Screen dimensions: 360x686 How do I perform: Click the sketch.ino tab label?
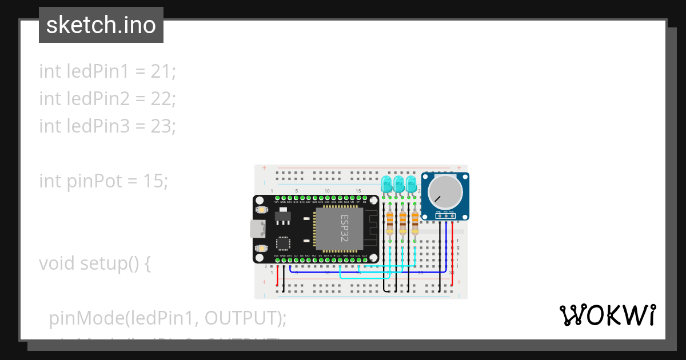coord(101,25)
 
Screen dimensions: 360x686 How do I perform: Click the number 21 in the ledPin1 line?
coord(162,71)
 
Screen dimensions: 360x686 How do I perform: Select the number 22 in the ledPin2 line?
coord(162,98)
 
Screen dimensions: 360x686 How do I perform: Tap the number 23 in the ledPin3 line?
coord(162,125)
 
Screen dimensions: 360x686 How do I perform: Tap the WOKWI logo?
coord(607,315)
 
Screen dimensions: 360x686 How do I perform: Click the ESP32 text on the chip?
coord(344,229)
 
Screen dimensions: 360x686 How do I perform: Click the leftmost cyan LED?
coord(386,184)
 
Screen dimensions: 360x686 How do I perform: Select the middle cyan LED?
coord(399,184)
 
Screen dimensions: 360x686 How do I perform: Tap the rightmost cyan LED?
coord(411,184)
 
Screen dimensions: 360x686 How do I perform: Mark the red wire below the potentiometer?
coord(453,246)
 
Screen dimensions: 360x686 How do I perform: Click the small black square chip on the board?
coord(283,243)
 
